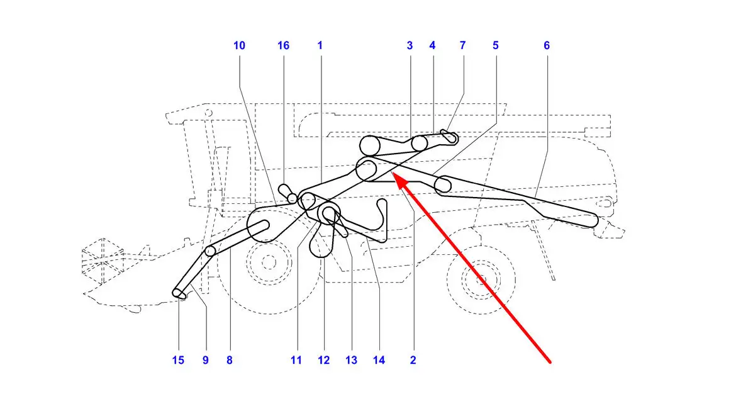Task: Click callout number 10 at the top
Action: pos(239,46)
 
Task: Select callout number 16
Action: pos(284,46)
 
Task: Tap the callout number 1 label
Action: pos(320,46)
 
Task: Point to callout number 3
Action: pos(410,46)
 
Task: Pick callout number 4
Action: pos(432,46)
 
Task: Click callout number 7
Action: pos(462,46)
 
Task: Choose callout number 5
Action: pos(496,46)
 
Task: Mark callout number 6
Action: pos(547,46)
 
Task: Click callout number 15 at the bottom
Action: pos(178,360)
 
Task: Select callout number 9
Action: pos(206,360)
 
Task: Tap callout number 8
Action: pos(230,360)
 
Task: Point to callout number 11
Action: pos(296,360)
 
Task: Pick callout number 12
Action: pos(323,360)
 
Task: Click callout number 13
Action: pos(351,360)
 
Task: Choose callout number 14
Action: pos(379,360)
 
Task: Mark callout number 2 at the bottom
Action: pos(413,360)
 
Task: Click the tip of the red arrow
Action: pos(393,172)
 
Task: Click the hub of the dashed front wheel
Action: pos(269,262)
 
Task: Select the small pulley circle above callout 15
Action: pos(178,293)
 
